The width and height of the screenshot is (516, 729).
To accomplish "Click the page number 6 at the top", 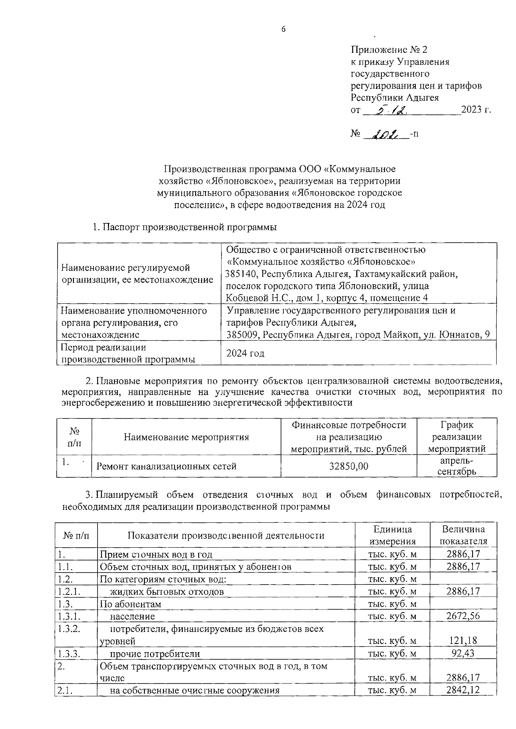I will (283, 29).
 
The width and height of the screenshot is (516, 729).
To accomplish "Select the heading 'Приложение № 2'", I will (390, 50).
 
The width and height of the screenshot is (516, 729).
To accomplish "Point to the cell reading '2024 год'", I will (245, 353).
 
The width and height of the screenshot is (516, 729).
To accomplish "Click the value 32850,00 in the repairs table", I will (348, 466).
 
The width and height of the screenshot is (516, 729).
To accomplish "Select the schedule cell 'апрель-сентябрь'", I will (457, 466).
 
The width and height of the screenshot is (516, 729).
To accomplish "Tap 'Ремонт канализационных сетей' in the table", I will (166, 466).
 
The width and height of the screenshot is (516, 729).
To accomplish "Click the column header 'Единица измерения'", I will (393, 535).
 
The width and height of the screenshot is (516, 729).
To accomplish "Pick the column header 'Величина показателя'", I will (463, 535).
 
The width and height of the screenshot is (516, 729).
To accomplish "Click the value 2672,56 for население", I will (463, 616).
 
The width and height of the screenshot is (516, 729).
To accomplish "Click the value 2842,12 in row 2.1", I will (463, 690).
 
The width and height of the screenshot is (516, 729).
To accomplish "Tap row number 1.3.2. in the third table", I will (69, 628).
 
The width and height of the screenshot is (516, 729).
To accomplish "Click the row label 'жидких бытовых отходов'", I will (167, 592).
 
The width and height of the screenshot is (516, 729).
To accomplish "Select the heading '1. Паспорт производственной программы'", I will (184, 227).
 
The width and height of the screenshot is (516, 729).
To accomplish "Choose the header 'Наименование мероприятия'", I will (186, 437).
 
